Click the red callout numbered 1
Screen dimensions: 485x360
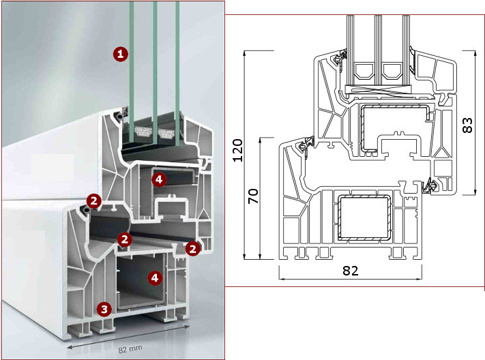coord(120,54)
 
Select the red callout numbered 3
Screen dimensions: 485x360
coord(104,309)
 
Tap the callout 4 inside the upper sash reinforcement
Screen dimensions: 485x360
coord(159,179)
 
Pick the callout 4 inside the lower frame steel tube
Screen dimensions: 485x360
coord(155,277)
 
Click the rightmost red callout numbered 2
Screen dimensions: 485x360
coord(192,249)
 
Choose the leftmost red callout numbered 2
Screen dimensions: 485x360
coord(93,201)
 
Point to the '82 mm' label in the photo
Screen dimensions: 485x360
coord(130,349)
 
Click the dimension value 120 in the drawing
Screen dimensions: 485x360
coord(237,150)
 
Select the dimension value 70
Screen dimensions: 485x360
coord(253,196)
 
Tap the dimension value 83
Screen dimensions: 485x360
coord(467,125)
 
